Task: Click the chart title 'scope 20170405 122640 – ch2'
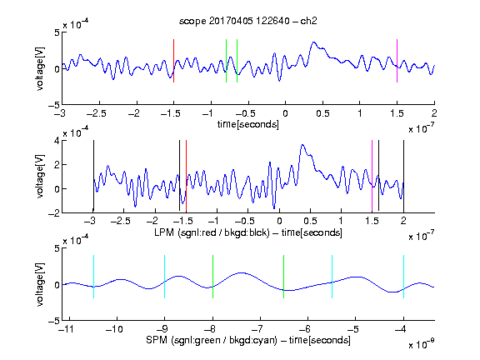[248, 21]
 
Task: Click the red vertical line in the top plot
[173, 61]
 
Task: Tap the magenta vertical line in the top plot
[397, 61]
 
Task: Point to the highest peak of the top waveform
[313, 42]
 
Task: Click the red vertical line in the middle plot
[186, 175]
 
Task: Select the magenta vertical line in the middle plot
[372, 175]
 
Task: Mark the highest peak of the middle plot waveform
[302, 145]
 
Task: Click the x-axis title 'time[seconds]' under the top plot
[248, 124]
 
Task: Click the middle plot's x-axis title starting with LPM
[248, 232]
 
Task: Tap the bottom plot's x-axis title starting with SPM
[248, 340]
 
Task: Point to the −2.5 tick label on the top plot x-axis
[97, 113]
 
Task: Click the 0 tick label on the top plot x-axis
[285, 113]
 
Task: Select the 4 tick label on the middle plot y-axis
[57, 142]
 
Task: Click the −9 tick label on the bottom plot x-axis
[162, 329]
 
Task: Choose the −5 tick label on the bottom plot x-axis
[352, 329]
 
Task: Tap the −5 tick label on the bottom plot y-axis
[54, 321]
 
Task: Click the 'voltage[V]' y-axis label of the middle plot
[40, 177]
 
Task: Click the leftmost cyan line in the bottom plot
[93, 277]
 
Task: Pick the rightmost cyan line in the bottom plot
[404, 277]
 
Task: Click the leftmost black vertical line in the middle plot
[93, 175]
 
